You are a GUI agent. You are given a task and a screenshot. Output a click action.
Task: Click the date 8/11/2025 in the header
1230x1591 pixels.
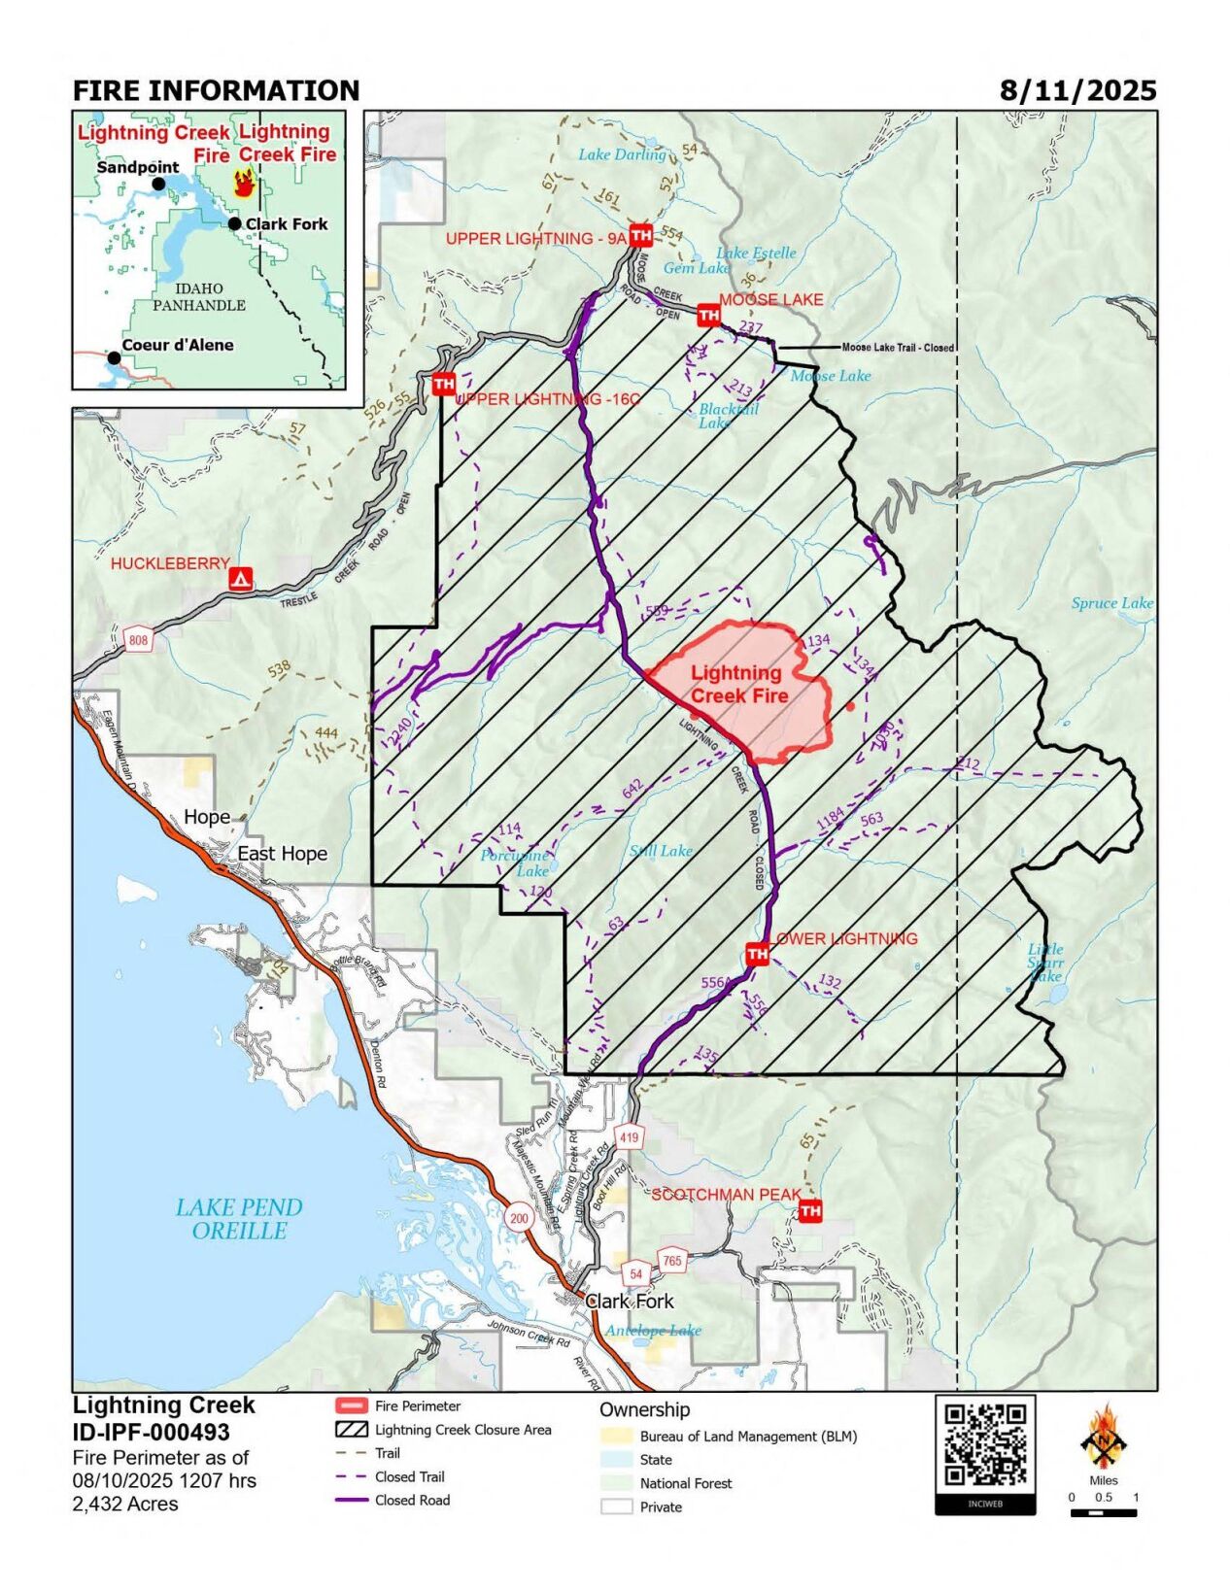1077,91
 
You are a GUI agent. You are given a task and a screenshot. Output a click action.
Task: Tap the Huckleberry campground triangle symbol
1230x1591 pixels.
240,579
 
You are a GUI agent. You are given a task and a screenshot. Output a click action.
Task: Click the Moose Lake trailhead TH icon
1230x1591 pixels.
708,315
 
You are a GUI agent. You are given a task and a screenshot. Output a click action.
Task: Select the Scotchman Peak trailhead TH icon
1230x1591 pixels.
809,1210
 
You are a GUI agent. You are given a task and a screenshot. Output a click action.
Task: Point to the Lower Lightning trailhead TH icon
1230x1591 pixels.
757,955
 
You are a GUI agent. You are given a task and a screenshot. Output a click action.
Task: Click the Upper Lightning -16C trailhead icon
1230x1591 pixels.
443,385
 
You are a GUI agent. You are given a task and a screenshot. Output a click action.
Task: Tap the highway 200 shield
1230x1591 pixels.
519,1218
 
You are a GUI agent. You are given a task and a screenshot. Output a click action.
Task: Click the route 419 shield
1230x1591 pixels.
629,1137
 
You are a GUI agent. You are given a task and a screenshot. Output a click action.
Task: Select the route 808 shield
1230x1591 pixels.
139,639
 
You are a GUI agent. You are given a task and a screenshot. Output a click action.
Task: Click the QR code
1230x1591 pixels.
985,1445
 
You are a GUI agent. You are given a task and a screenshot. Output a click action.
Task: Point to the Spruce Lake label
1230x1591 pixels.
1111,603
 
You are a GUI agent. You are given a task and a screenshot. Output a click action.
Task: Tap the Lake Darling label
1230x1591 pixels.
622,154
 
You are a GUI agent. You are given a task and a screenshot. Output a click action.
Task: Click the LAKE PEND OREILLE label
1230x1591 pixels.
239,1219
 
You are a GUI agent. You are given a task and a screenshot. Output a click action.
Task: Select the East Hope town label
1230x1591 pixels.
282,853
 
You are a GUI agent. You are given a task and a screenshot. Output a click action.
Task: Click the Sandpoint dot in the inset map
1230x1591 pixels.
158,183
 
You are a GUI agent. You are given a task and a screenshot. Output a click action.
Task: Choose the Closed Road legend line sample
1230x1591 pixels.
351,1500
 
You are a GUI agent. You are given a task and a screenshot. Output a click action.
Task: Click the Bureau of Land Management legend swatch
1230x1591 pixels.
616,1436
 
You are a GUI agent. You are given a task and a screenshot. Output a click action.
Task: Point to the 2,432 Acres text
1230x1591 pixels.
125,1504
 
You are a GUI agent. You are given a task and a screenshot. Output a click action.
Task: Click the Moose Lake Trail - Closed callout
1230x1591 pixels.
897,348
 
